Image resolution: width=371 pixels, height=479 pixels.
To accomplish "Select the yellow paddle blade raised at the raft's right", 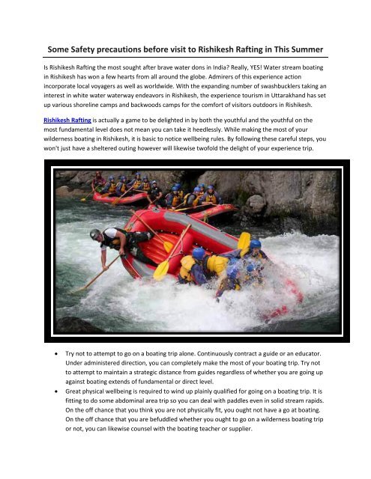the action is [x=244, y=241].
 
